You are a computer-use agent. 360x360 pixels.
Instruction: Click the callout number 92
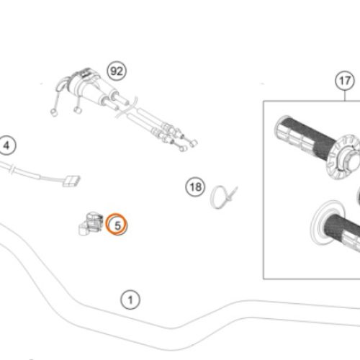116,71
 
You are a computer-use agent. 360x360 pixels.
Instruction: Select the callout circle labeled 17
345,81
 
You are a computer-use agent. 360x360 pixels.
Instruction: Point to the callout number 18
194,187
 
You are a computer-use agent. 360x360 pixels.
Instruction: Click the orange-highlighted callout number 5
117,225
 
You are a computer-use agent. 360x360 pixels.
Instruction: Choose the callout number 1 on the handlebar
130,299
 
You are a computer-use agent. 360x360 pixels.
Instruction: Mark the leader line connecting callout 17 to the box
345,95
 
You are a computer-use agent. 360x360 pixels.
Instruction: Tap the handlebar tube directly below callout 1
130,319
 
